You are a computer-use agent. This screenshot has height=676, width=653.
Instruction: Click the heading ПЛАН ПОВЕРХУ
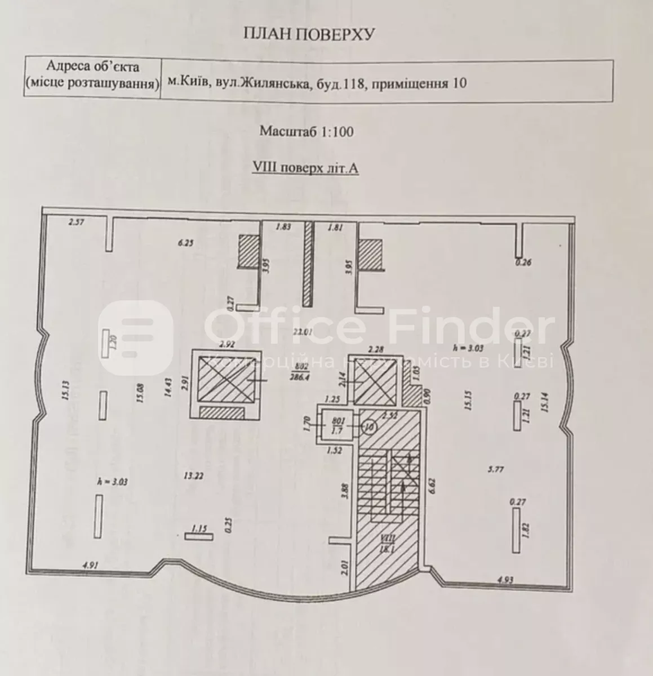click(308, 35)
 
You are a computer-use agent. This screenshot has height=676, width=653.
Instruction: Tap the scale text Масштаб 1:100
click(306, 132)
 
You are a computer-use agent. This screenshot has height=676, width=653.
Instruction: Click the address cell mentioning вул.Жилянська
click(317, 84)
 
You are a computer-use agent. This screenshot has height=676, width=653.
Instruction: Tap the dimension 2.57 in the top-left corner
click(75, 223)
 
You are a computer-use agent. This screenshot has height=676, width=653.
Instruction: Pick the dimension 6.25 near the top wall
click(185, 243)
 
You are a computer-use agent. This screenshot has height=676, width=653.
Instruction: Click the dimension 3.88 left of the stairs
click(345, 491)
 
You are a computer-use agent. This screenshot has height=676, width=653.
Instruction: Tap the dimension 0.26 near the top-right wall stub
click(523, 262)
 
